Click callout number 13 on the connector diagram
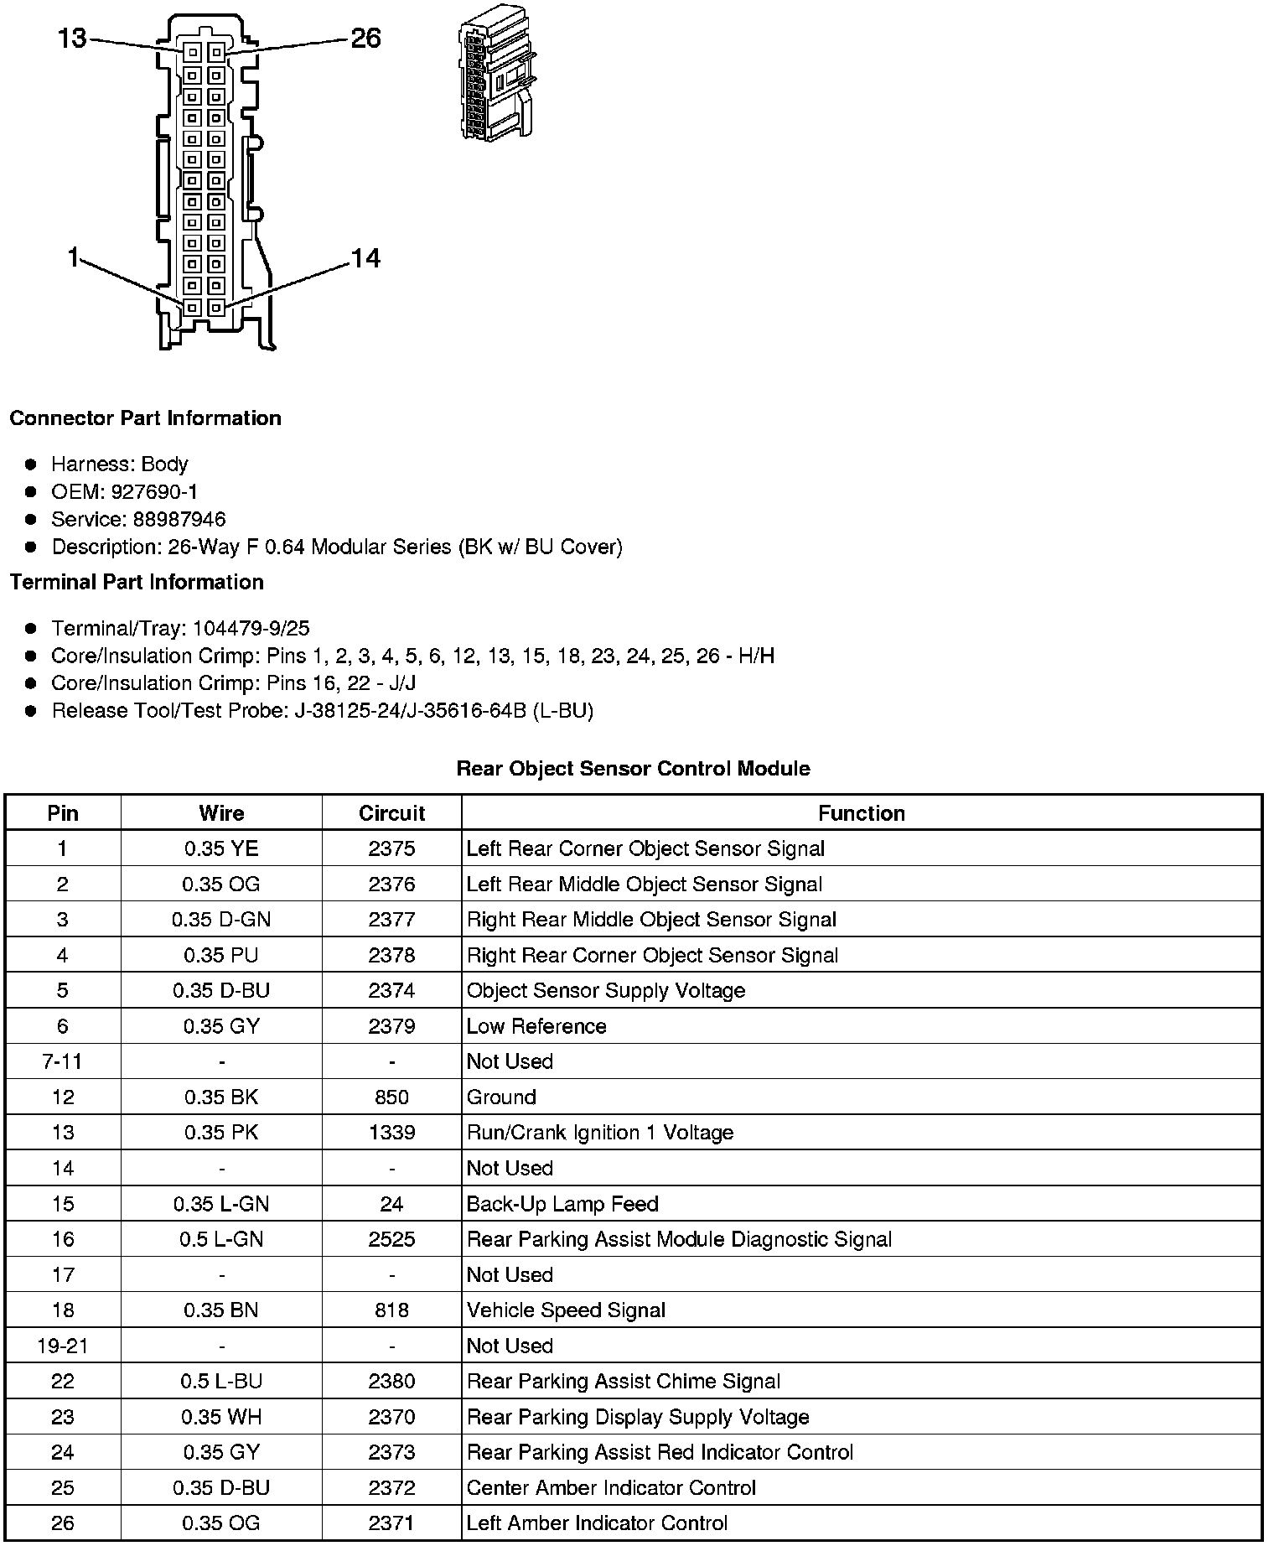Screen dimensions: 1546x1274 click(72, 38)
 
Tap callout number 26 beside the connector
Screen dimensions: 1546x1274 click(365, 38)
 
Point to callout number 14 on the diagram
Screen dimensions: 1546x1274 click(365, 258)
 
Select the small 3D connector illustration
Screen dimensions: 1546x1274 click(497, 74)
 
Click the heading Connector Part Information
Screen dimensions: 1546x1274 click(145, 418)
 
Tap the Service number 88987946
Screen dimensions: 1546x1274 click(179, 520)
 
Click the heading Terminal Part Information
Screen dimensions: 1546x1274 click(137, 583)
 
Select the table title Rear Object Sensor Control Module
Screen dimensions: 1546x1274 click(633, 769)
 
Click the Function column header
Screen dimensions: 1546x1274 click(861, 813)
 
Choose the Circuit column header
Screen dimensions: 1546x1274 click(391, 813)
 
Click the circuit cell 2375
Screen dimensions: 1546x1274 click(391, 848)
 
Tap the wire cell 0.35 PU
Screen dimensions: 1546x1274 click(221, 955)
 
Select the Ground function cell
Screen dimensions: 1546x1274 click(501, 1097)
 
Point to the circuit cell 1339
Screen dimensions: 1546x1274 click(391, 1133)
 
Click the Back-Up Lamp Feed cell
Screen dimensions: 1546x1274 click(562, 1204)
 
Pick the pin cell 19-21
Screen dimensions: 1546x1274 click(63, 1346)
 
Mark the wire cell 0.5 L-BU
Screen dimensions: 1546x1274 click(221, 1382)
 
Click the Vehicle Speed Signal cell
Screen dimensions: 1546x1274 click(566, 1310)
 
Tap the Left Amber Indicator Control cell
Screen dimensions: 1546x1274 click(597, 1523)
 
